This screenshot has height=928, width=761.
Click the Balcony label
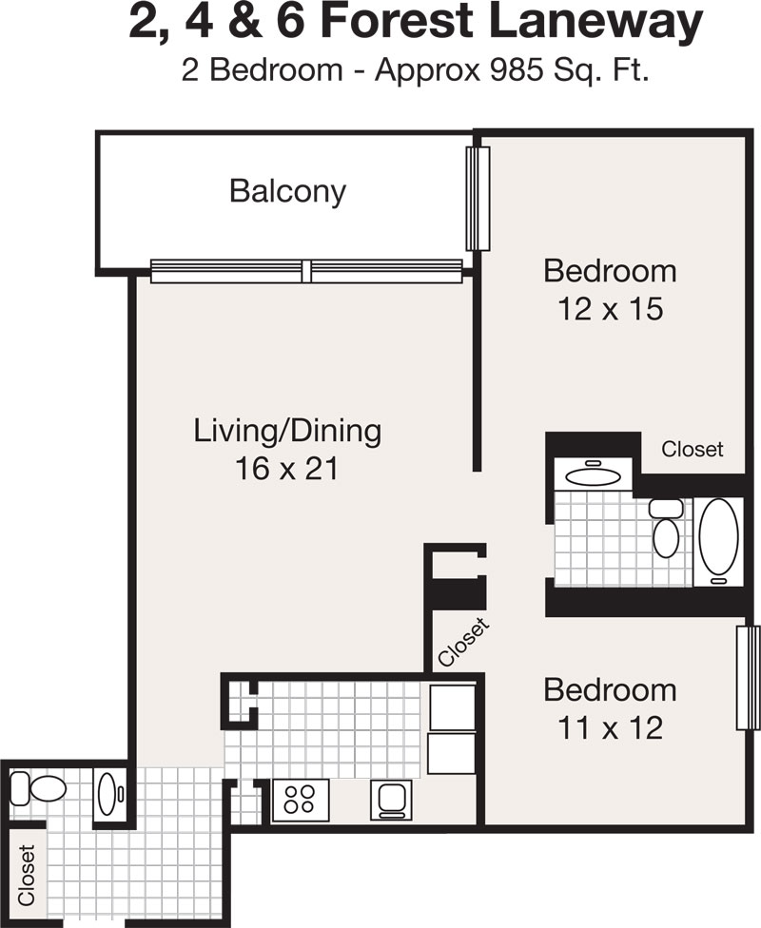287,192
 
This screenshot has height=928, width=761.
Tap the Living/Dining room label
287,431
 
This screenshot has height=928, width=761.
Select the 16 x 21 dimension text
287,468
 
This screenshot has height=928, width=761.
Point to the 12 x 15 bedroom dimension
611,309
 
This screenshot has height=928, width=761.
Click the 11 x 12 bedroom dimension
611,728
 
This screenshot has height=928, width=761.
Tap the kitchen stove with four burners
301,800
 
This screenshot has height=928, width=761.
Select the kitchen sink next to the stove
391,800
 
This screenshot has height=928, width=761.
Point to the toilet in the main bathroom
666,529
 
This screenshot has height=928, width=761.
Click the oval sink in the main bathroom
593,475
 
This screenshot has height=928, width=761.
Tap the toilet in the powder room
38,788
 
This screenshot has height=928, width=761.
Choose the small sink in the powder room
109,794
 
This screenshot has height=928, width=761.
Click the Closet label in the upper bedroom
693,449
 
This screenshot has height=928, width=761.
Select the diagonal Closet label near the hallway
464,642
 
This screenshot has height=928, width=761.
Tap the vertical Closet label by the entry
27,876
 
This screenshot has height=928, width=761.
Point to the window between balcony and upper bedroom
478,199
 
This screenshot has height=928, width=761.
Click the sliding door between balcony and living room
306,272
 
